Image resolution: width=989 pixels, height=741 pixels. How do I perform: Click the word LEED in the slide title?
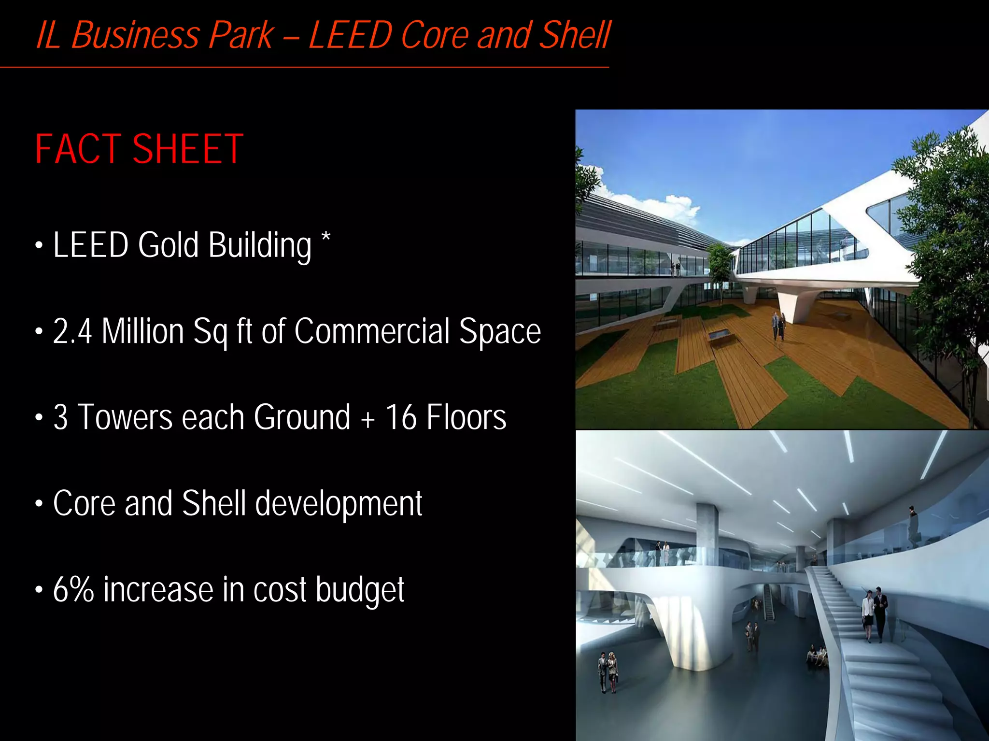click(x=350, y=35)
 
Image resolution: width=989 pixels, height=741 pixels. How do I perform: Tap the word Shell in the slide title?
click(x=575, y=35)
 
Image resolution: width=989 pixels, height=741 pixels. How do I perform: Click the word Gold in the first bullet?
click(x=168, y=245)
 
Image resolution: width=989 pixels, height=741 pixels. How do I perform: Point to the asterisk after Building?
click(x=326, y=238)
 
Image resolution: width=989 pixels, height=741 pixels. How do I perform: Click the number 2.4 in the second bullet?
click(x=72, y=331)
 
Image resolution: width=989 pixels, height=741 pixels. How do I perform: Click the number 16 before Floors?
click(x=400, y=417)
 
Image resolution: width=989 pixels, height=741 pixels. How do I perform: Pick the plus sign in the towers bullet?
click(x=367, y=418)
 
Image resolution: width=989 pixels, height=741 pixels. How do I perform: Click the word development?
click(x=339, y=503)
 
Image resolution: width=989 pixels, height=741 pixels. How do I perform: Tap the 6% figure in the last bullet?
click(x=73, y=589)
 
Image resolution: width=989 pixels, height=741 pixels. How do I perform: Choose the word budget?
click(x=360, y=590)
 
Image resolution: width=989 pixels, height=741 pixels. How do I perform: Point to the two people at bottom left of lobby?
click(x=608, y=671)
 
